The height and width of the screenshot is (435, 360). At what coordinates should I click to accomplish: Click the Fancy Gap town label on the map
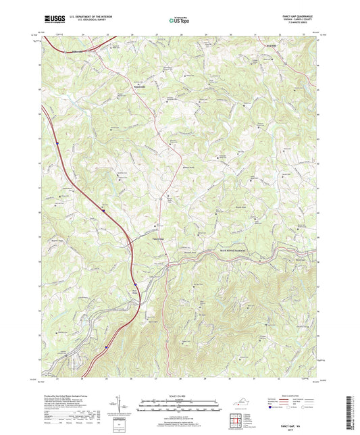[x=155, y=237]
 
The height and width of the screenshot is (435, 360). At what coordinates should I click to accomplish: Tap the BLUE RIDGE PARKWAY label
[x=234, y=251]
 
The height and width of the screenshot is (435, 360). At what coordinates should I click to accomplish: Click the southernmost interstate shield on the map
[x=107, y=347]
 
